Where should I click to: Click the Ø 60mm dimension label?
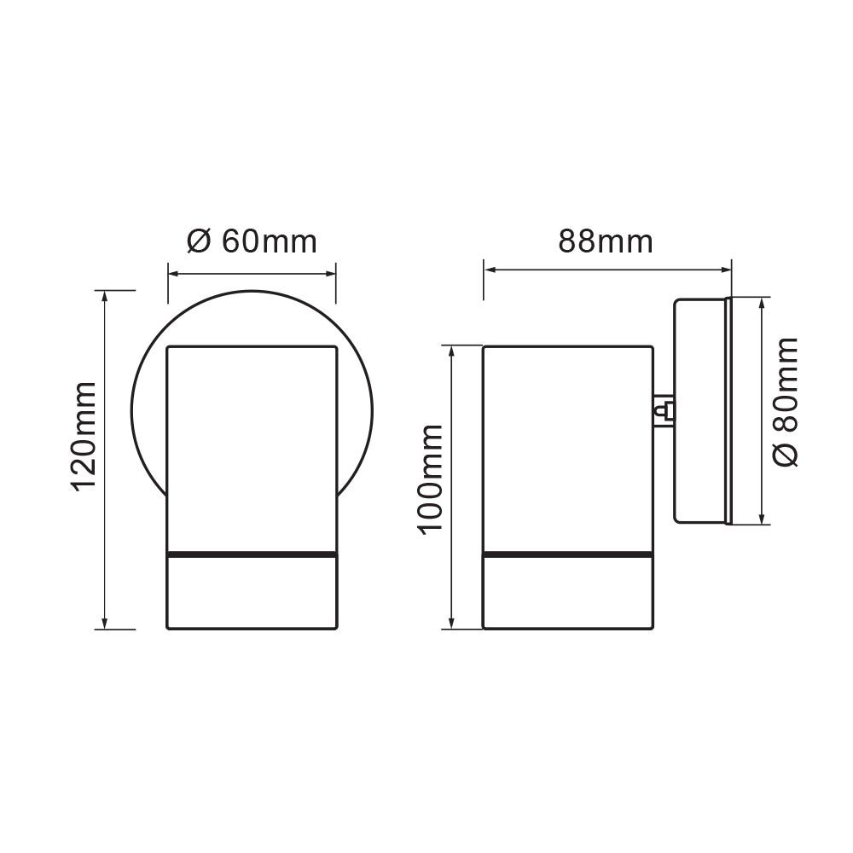pos(252,241)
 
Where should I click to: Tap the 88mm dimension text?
pos(606,241)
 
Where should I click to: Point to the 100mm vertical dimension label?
pos(432,478)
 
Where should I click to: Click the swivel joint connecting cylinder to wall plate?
pos(664,412)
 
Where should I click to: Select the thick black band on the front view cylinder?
pos(252,555)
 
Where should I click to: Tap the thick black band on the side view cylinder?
pos(568,555)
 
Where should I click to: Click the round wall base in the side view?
pos(701,410)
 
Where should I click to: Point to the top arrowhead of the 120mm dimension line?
pos(105,295)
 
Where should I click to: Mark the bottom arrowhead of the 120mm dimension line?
pos(105,624)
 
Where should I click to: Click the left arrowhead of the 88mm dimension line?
pos(489,270)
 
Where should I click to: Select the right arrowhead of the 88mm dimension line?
pos(727,270)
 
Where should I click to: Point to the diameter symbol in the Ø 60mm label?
pos(198,241)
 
